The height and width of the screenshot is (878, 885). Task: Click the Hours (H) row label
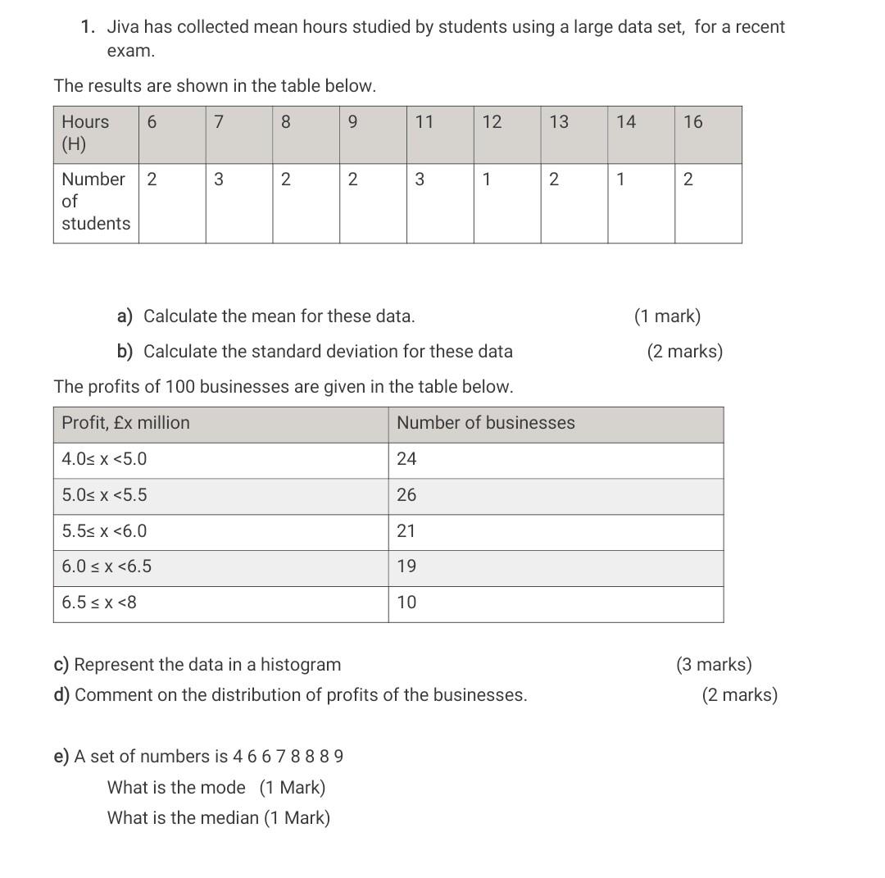point(84,133)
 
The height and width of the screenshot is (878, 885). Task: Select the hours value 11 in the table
point(424,122)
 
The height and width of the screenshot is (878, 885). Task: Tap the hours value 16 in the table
point(692,122)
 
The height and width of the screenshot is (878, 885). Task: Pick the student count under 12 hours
point(486,180)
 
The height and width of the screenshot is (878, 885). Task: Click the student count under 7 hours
point(218,180)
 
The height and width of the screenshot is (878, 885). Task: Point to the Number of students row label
point(95,201)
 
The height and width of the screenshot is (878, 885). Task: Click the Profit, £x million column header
point(125,423)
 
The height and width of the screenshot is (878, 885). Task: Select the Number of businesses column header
point(485,423)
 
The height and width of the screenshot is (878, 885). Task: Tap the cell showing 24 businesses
point(406,459)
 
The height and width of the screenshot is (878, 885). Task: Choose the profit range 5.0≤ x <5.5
point(104,495)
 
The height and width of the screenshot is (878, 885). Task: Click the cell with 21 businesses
point(406,531)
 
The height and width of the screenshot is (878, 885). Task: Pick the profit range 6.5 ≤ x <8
point(99,603)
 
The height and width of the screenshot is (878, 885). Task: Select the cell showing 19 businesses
point(406,566)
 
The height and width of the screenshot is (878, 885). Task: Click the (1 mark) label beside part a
point(667,316)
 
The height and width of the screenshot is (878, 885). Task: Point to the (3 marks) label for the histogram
point(713,665)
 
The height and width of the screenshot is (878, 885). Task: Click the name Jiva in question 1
point(123,27)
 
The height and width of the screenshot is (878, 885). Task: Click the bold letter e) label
point(61,757)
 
